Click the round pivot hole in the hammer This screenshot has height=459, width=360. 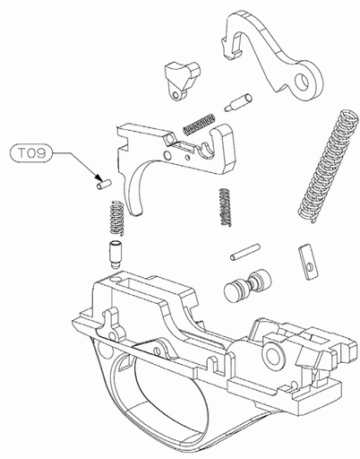(x=308, y=82)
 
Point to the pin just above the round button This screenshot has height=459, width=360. (x=244, y=252)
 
